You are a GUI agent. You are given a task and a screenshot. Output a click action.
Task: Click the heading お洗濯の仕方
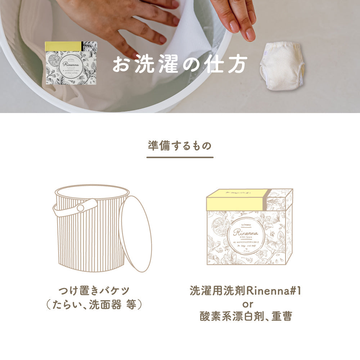(x=180, y=64)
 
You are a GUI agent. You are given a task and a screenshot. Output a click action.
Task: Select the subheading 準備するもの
(x=180, y=145)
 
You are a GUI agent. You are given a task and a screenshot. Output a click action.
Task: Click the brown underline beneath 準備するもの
(x=180, y=157)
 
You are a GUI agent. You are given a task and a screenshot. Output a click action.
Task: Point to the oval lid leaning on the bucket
(x=135, y=234)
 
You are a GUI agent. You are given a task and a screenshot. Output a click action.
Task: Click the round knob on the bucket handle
(x=81, y=208)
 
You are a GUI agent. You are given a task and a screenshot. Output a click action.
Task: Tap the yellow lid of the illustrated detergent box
(x=236, y=199)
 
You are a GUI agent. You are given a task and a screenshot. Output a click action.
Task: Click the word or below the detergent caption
(x=246, y=304)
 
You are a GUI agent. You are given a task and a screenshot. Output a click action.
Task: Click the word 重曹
(x=282, y=317)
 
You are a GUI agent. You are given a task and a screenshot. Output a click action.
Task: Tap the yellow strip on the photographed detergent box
(x=63, y=46)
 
